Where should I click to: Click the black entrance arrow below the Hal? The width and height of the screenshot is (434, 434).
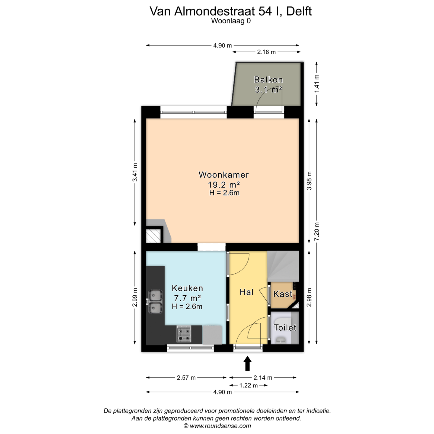(247, 363)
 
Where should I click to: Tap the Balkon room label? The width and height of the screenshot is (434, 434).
(268, 80)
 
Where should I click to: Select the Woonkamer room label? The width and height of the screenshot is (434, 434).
(224, 175)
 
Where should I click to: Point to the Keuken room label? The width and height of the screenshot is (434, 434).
(187, 288)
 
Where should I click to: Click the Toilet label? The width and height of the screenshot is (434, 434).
(285, 328)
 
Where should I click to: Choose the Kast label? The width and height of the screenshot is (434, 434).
(283, 294)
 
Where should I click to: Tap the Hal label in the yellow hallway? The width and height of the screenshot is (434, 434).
(247, 292)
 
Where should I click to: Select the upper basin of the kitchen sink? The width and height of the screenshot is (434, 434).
(155, 295)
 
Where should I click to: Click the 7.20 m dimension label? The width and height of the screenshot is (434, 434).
(317, 231)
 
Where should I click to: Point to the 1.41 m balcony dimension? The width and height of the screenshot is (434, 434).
(317, 84)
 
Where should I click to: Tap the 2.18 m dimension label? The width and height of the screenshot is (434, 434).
(266, 52)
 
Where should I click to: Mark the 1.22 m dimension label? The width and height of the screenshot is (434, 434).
(248, 385)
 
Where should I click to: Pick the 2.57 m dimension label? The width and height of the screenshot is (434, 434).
(186, 378)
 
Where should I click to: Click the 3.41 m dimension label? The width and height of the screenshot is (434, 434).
(135, 172)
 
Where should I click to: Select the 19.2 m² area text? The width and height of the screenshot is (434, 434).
(224, 185)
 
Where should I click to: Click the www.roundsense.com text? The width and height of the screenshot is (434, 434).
(220, 426)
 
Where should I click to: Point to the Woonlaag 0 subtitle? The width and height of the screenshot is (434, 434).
(231, 21)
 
